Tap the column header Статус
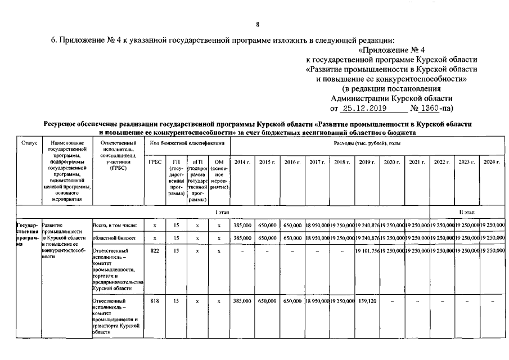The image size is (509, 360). (x=29, y=144)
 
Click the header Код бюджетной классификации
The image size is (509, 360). (x=187, y=144)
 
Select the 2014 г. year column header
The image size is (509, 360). (x=242, y=162)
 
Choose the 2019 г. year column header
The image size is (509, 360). (x=367, y=162)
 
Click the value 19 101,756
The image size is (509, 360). (x=367, y=251)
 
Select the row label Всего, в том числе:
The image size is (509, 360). (x=114, y=226)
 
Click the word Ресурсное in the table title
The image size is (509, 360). (x=64, y=123)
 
